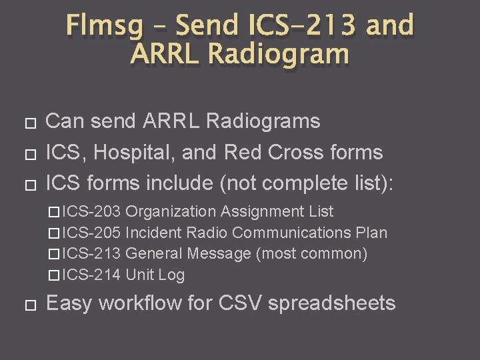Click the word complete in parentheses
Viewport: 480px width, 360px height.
pyautogui.click(x=301, y=183)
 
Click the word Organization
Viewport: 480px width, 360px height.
pyautogui.click(x=171, y=212)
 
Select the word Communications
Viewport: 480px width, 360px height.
pyautogui.click(x=287, y=233)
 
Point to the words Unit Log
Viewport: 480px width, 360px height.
pyautogui.click(x=155, y=275)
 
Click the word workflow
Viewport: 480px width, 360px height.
pyautogui.click(x=136, y=303)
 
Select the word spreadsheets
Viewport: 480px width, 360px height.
pyautogui.click(x=331, y=303)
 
